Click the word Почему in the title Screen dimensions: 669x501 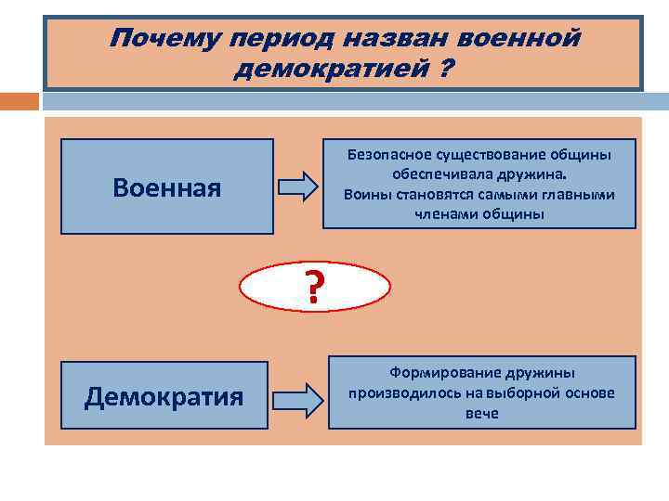[x=164, y=39]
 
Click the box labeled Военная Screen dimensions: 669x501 [x=167, y=187]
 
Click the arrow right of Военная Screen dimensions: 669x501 [x=297, y=186]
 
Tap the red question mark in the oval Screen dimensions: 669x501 [x=315, y=288]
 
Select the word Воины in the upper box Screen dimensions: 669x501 [x=362, y=195]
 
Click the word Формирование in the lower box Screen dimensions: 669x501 [x=438, y=373]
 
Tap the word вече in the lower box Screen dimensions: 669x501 [x=482, y=413]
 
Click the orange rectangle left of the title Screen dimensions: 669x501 [x=20, y=100]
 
